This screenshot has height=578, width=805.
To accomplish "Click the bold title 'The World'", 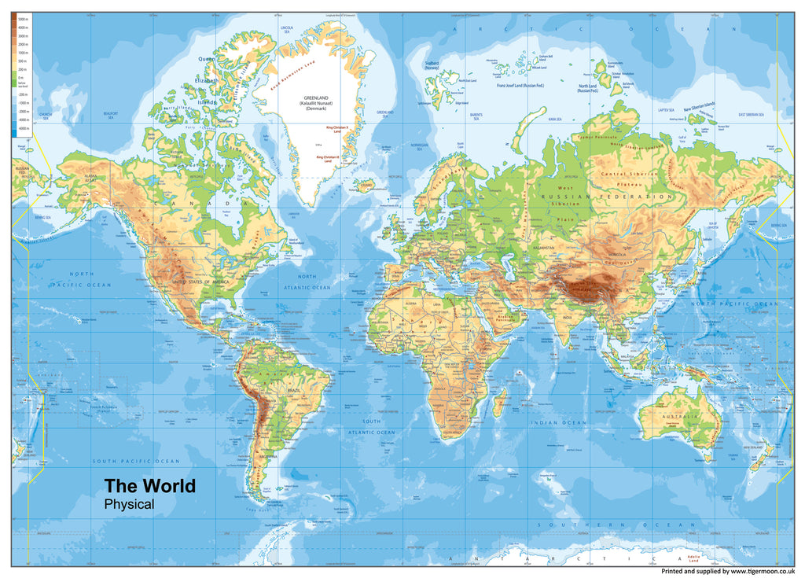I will pos(150,486).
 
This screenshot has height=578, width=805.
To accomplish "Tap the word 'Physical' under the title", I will pos(130,505).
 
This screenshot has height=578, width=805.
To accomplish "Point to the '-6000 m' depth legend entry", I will pos(24,127).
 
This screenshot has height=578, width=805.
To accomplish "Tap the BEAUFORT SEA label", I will pos(114,114).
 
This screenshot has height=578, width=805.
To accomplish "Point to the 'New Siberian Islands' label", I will pos(699,107).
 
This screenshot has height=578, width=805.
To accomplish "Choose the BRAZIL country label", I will pos(296,391).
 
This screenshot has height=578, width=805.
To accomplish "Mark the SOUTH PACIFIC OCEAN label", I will pos(136,461).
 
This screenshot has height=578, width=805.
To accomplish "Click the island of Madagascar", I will pos(499,403).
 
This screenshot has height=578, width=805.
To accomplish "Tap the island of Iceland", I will pos(364,186).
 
